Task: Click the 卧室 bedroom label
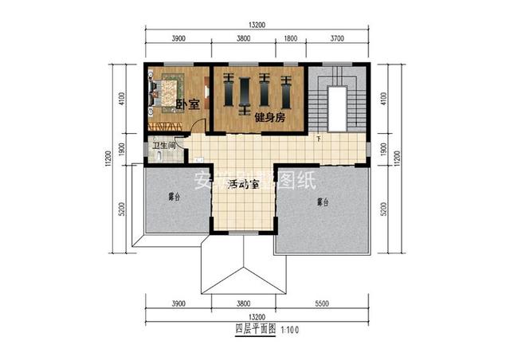[x=186, y=104]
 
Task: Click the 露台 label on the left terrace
[x=173, y=196]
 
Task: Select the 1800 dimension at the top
[x=291, y=37]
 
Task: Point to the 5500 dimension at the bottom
[x=323, y=303]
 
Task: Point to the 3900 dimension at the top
[x=178, y=37]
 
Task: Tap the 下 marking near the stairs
[x=319, y=140]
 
